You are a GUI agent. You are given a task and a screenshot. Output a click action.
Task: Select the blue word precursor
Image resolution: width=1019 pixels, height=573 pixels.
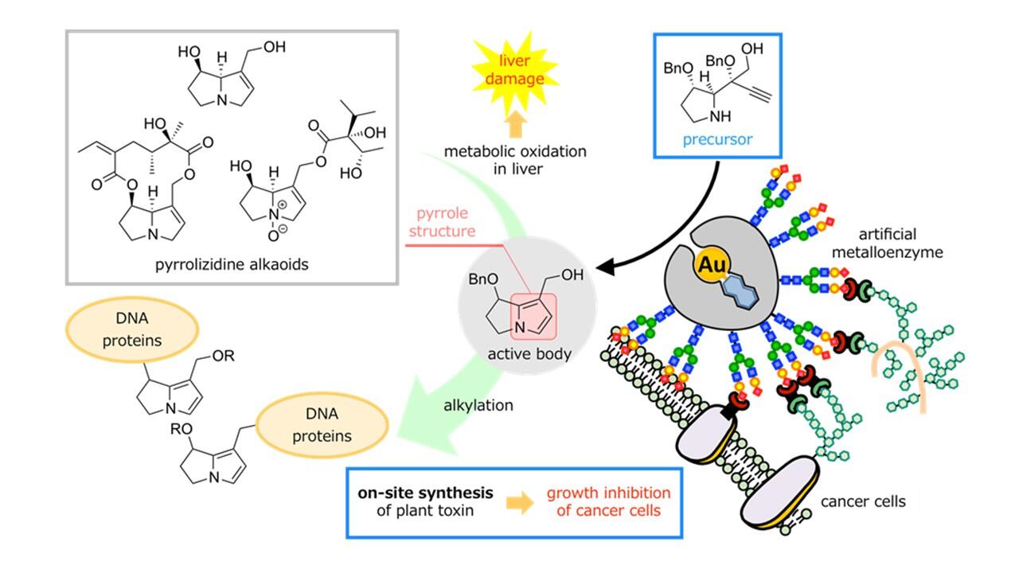[x=717, y=140]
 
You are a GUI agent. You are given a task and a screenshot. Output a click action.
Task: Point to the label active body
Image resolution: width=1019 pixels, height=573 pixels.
[x=529, y=353]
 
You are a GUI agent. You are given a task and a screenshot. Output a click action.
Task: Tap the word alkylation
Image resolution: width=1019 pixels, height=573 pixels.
[x=478, y=405]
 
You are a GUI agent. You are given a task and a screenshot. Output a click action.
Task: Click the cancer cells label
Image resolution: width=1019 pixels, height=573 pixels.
[x=864, y=501]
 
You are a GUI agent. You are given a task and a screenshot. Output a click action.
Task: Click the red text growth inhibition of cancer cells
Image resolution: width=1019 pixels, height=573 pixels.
[x=608, y=501]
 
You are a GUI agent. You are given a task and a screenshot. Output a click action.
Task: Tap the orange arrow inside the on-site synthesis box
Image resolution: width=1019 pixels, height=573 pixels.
[x=521, y=503]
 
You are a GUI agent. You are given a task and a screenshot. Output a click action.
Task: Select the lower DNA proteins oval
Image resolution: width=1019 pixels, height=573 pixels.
[x=322, y=426]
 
